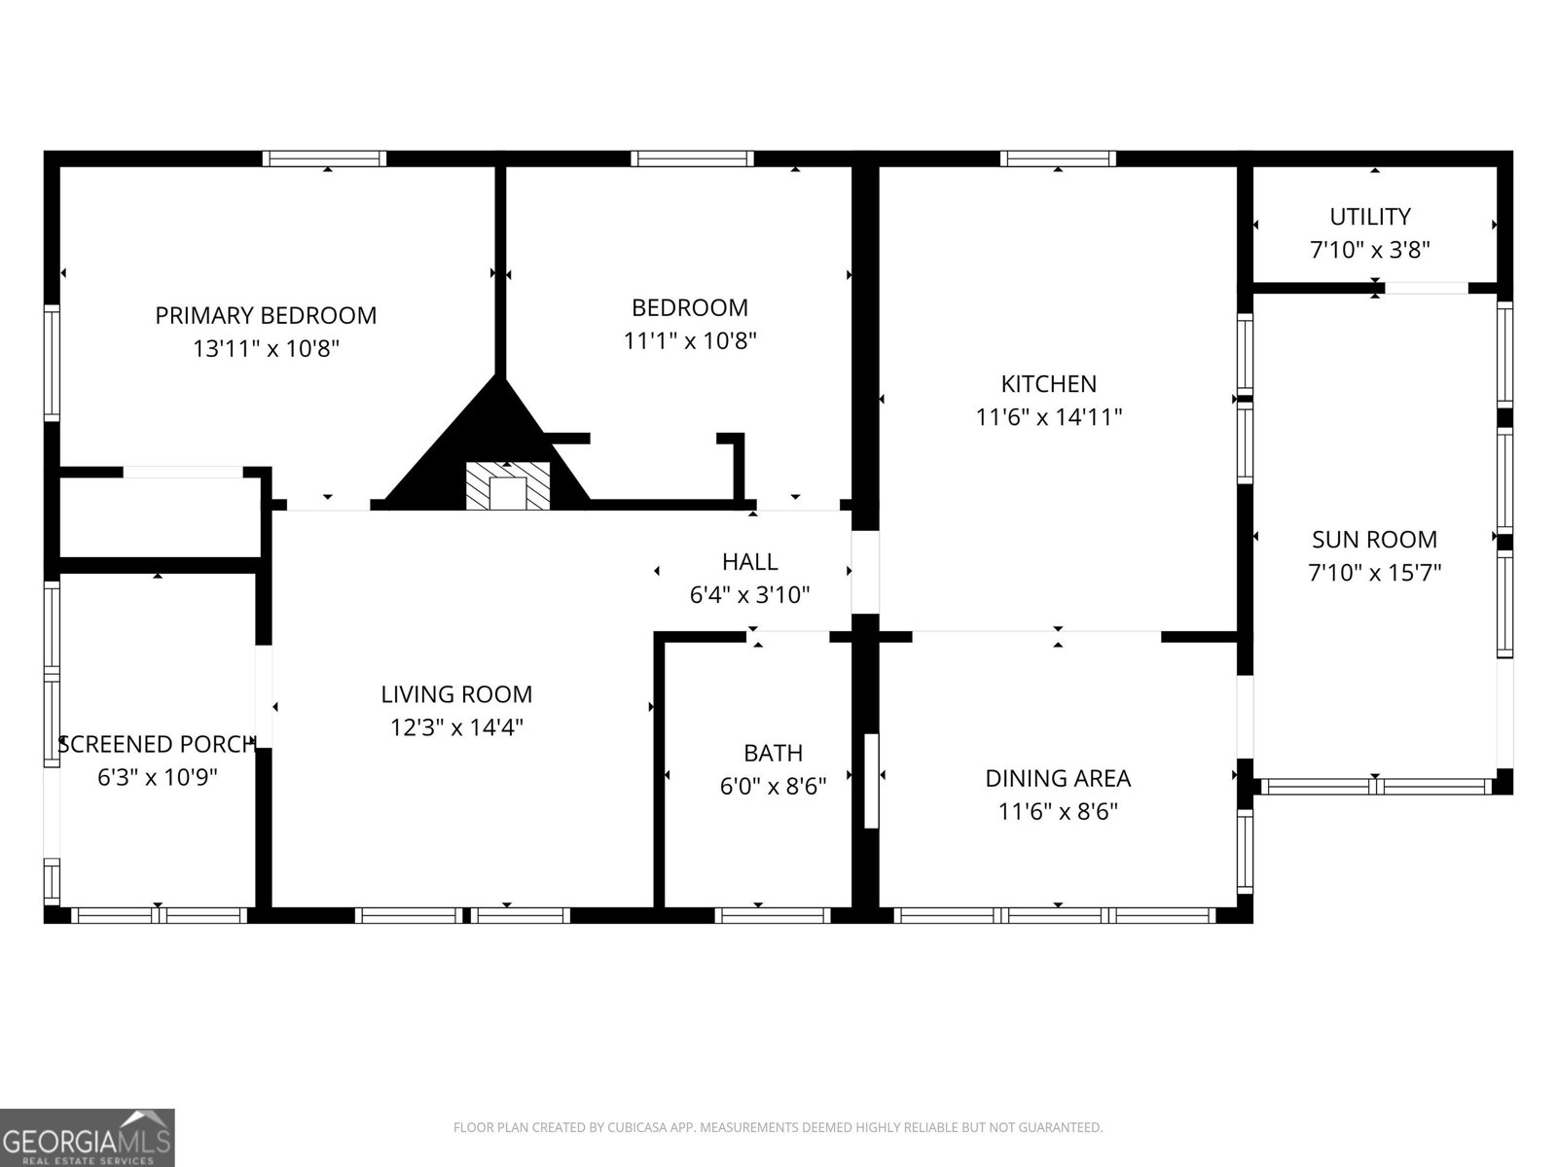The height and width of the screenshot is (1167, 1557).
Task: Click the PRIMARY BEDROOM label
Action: (x=266, y=315)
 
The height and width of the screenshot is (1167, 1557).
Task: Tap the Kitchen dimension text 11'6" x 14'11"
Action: (x=1049, y=417)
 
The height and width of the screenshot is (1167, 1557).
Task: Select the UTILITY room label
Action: (x=1370, y=216)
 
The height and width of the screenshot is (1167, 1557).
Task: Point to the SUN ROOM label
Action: (x=1374, y=539)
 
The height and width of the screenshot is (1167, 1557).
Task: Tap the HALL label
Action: (x=749, y=561)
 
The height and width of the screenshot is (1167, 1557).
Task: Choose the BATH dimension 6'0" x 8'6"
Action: (x=773, y=786)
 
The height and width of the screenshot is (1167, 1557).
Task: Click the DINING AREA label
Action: (x=1058, y=778)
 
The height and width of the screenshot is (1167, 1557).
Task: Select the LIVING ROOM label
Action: (x=456, y=694)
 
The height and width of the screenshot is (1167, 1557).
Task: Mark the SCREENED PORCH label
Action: (x=157, y=745)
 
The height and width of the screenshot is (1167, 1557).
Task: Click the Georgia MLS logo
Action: (x=88, y=1137)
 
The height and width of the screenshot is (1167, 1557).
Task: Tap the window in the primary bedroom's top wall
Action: (x=324, y=159)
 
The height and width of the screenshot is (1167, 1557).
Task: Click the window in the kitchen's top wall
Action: (x=1058, y=159)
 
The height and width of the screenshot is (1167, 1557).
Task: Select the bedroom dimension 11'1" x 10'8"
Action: (x=690, y=340)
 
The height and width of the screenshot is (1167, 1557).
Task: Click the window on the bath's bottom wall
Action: (x=772, y=915)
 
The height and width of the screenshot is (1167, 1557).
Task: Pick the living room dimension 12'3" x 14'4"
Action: (x=456, y=727)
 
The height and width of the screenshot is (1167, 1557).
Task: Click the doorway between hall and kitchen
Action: (x=865, y=572)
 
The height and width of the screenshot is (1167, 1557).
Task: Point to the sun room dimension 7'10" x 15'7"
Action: (x=1374, y=572)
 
